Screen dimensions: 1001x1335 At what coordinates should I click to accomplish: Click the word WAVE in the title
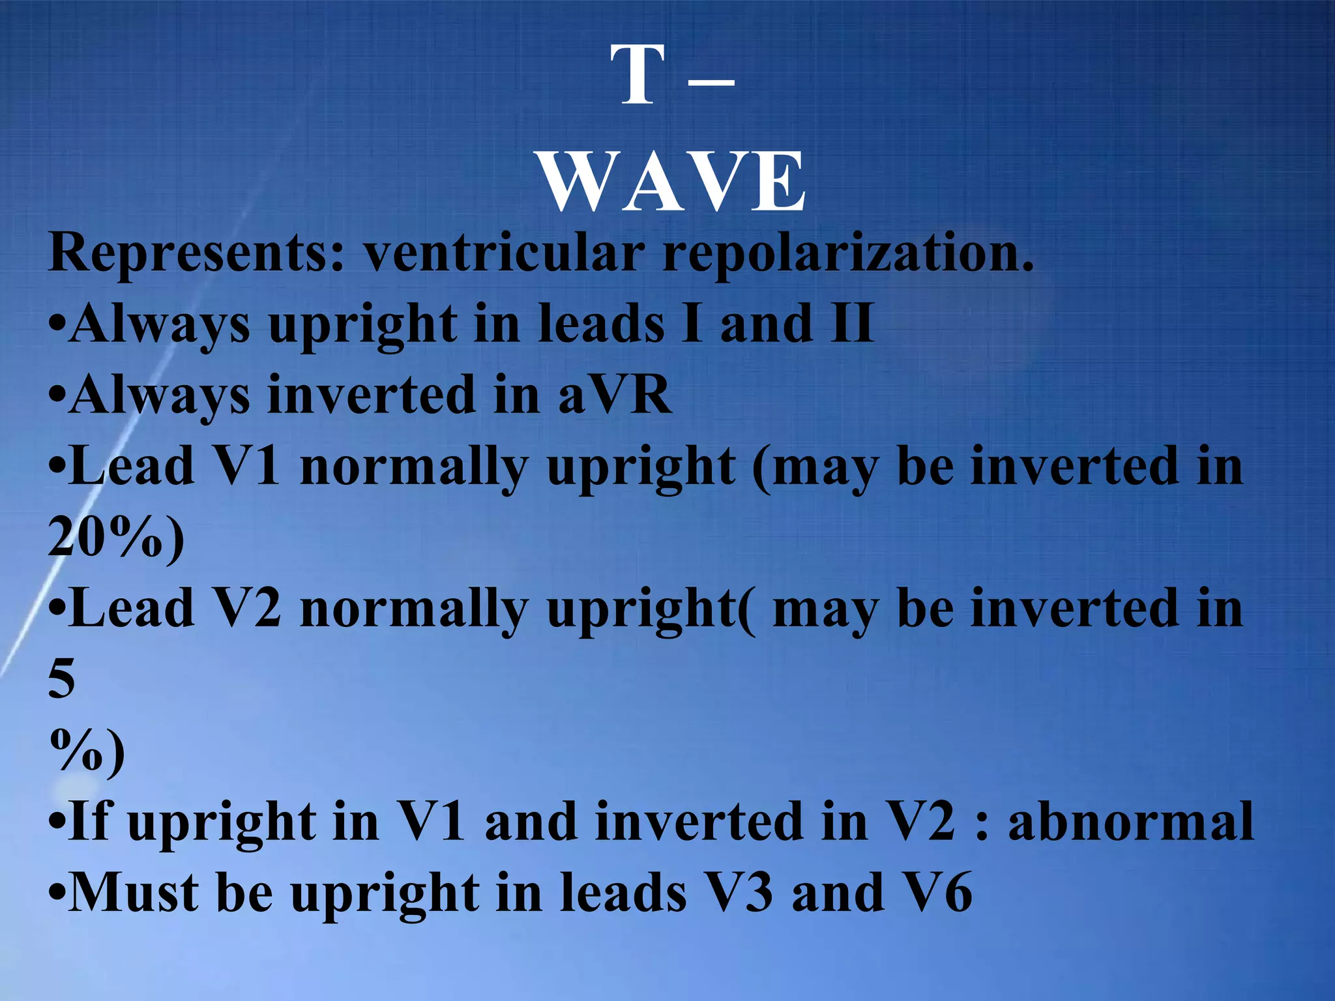click(x=673, y=182)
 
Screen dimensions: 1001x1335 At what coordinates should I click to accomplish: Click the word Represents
click(x=196, y=254)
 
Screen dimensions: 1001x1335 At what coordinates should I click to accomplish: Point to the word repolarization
click(x=847, y=255)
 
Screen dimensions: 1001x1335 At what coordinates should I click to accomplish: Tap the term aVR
click(x=615, y=395)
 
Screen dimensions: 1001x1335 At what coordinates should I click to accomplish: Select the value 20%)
click(x=116, y=538)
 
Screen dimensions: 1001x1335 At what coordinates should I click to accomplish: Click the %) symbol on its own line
click(x=87, y=750)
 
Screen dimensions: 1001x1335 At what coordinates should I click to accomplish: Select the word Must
click(x=134, y=892)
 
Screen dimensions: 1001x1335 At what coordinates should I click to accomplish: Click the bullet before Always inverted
click(x=57, y=396)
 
